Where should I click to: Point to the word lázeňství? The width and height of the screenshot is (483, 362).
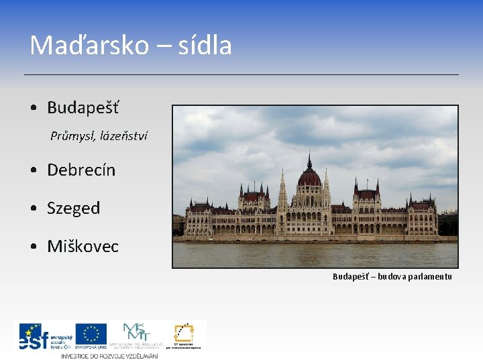coord(123,136)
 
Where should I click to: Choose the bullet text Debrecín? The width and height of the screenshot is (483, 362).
coord(81,170)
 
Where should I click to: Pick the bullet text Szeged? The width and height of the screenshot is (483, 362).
coord(74,208)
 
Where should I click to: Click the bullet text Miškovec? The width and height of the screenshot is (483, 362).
coord(83,246)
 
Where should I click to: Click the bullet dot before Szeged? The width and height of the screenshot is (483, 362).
coord(33,208)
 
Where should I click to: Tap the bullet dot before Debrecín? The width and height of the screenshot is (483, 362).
coord(33,170)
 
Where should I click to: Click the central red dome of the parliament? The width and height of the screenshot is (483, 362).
coord(309,178)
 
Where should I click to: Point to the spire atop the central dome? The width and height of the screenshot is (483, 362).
coord(309,160)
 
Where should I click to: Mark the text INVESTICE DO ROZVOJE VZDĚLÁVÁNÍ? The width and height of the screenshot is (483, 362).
coord(110,355)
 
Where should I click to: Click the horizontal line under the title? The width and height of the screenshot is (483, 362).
coord(241,74)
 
